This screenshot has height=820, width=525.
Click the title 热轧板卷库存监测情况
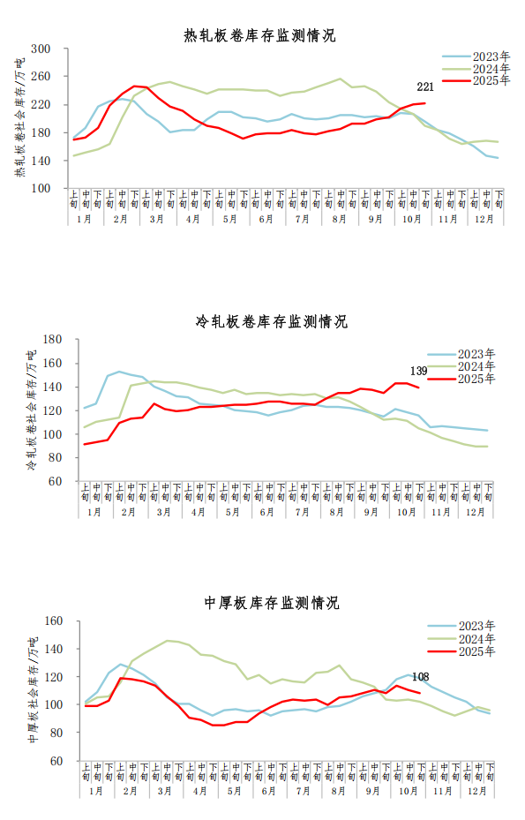pos(259,36)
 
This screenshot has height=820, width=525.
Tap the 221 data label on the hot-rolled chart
pos(425,87)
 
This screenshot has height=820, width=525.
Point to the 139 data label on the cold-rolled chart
pos(420,371)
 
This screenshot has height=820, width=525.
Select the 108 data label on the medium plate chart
pos(420,678)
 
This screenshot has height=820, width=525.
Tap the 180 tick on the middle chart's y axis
pos(51,340)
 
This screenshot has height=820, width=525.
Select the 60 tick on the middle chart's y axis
pos(55,482)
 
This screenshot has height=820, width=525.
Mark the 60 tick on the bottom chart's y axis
pos(55,761)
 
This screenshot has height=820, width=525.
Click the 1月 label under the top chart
pos(85,218)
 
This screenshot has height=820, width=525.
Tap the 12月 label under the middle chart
pos(476,512)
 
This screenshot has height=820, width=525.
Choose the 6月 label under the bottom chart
pos(266,792)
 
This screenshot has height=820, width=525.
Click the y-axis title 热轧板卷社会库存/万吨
pos(19,118)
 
